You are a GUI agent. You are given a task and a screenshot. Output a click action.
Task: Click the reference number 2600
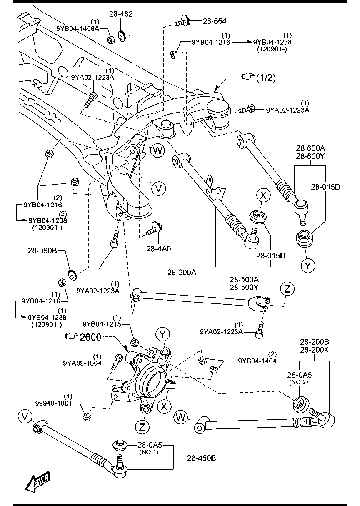point(90,337)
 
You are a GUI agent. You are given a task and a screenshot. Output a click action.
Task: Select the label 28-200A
point(182,273)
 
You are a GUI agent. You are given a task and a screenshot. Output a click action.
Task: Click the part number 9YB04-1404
point(257,361)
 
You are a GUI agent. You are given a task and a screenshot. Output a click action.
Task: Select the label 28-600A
point(311,148)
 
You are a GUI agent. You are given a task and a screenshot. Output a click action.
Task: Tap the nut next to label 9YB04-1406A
point(111,40)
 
